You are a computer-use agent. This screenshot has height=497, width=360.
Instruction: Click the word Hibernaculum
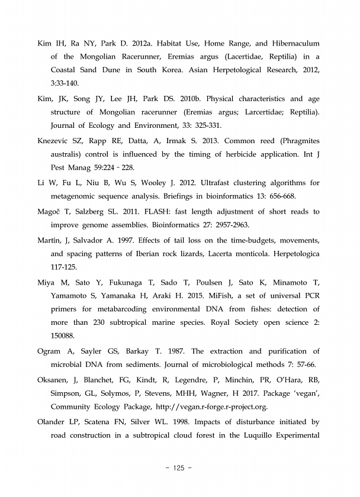[x=291, y=44]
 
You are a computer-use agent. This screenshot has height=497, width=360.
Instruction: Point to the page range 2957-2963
[x=213, y=225]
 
